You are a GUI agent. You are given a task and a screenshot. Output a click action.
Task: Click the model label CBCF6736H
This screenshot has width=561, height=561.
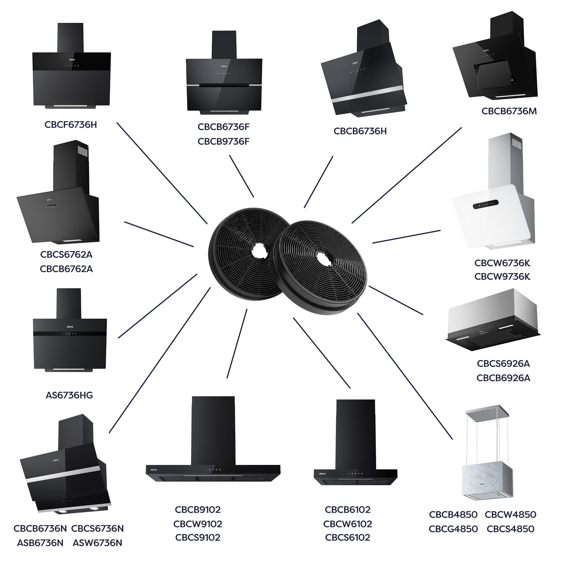tap(71, 125)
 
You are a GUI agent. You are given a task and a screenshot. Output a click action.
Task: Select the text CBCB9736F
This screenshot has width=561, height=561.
tap(223, 142)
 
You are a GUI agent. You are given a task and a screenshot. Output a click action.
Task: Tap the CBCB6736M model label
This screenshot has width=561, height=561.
tap(509, 111)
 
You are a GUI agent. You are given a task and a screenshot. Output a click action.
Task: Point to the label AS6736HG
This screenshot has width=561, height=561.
tap(69, 395)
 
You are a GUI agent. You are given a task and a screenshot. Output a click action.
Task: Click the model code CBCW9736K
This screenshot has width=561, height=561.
tap(502, 277)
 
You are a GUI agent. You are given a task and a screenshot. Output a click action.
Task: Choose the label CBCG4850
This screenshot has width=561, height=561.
tap(453, 529)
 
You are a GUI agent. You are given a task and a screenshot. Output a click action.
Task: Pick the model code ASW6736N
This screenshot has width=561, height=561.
tap(98, 543)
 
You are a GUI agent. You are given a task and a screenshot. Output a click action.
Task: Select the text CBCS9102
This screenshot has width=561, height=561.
tap(198, 537)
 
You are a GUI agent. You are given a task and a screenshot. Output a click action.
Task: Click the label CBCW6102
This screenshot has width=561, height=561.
tap(347, 524)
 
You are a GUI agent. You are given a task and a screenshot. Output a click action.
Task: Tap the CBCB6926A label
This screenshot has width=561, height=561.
tap(503, 378)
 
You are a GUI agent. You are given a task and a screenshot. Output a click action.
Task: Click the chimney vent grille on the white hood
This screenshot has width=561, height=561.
tap(516, 144)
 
